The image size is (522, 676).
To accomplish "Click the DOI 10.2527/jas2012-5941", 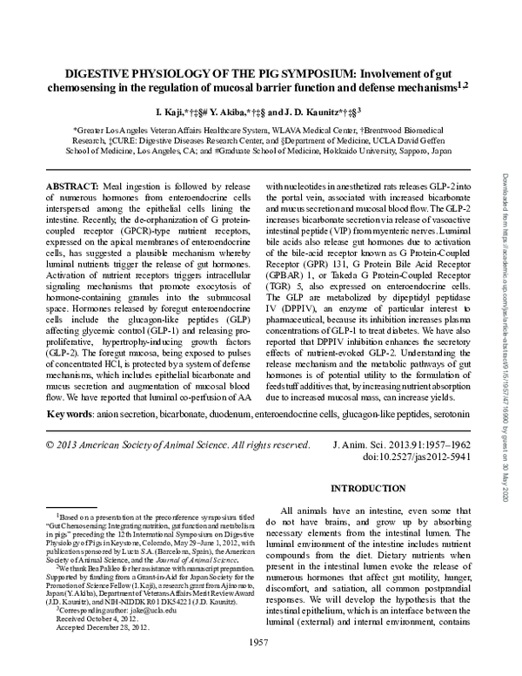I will click(x=405, y=455).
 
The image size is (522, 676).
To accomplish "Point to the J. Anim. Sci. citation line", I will click(x=405, y=443).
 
